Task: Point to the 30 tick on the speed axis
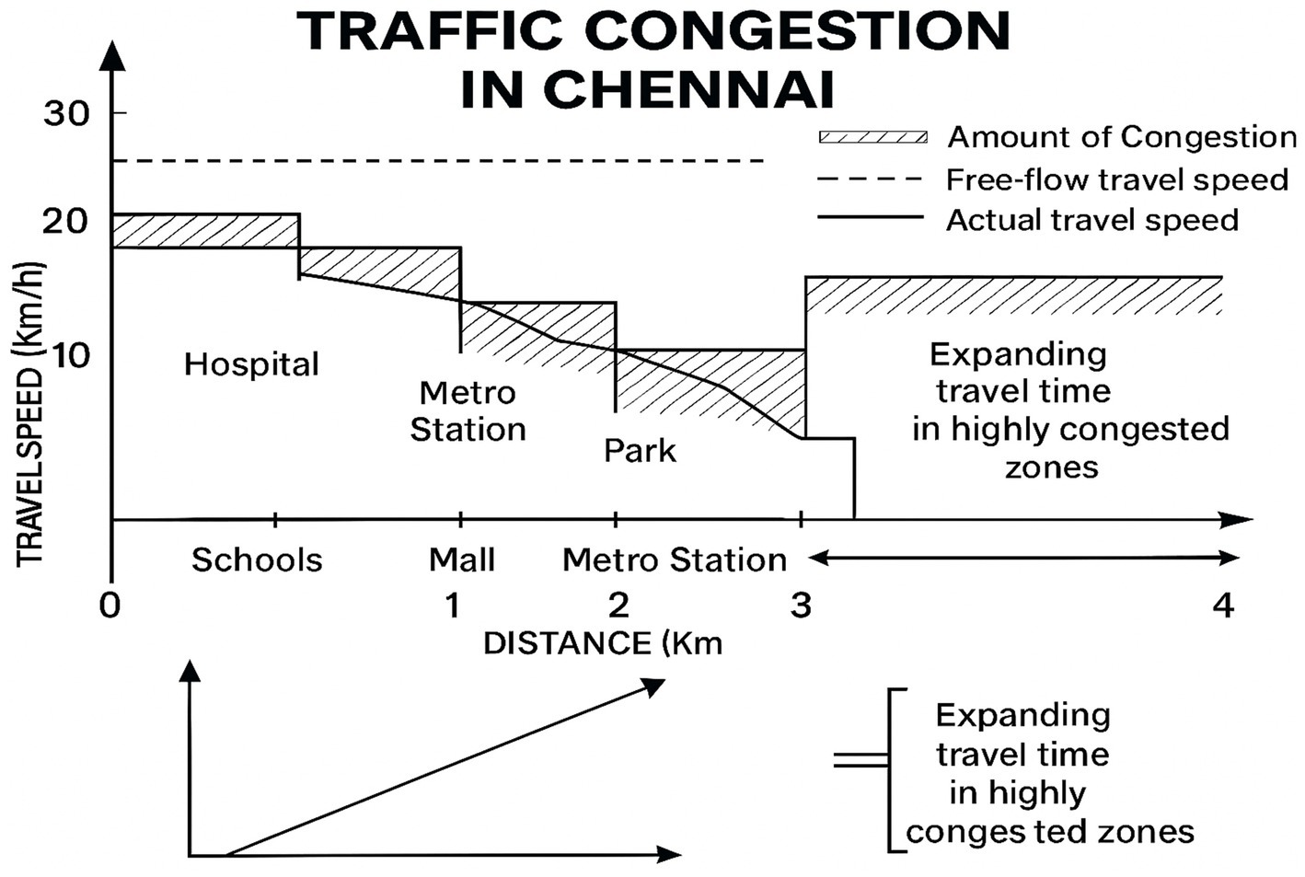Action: tap(66, 114)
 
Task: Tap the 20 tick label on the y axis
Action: tap(66, 221)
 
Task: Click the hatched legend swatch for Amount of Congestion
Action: tap(872, 137)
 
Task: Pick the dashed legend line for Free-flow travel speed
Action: tap(870, 179)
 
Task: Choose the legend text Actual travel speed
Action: tap(1092, 220)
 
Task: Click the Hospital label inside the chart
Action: tap(251, 364)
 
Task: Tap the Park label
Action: tap(640, 451)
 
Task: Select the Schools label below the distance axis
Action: tap(257, 560)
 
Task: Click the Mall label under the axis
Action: tap(462, 560)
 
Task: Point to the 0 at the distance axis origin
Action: tap(110, 607)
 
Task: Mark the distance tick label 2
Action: tap(618, 606)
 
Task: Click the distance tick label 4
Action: tap(1223, 606)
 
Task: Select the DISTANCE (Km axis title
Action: tap(603, 643)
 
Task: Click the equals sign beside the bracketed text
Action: tap(860, 760)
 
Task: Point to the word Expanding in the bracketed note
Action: tap(1022, 715)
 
